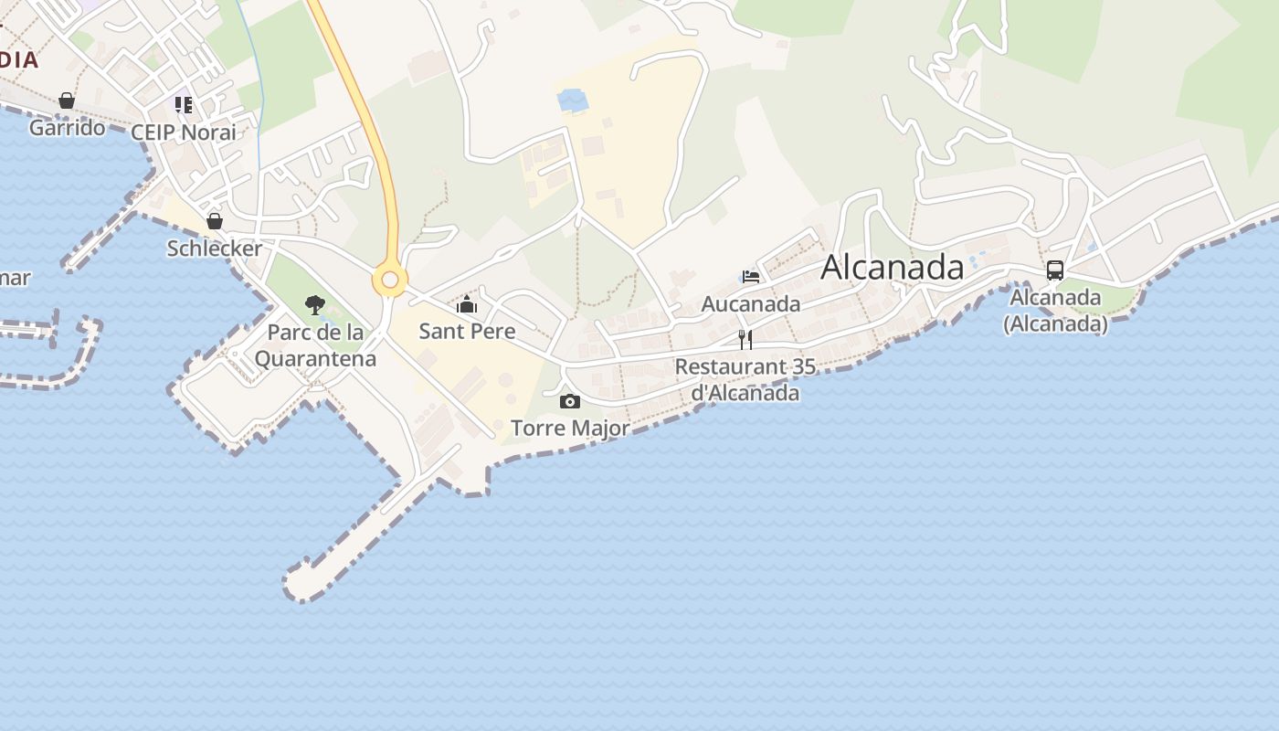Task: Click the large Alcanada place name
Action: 892,267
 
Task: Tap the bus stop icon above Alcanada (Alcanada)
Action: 1055,270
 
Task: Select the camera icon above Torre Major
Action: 569,402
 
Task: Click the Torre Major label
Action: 570,428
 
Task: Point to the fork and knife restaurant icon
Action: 745,340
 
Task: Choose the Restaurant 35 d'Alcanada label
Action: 745,379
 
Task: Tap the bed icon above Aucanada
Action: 751,277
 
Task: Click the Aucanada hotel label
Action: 751,303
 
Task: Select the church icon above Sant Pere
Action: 467,304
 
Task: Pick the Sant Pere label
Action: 467,331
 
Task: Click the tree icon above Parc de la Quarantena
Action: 315,305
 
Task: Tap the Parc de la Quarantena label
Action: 315,344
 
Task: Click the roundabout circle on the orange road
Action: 390,280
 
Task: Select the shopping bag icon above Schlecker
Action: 215,221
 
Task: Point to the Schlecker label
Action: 215,248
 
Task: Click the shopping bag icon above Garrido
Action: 67,101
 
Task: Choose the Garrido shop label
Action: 67,127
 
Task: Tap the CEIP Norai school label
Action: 184,132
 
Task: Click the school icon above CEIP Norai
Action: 184,105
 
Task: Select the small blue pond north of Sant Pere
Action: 573,100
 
